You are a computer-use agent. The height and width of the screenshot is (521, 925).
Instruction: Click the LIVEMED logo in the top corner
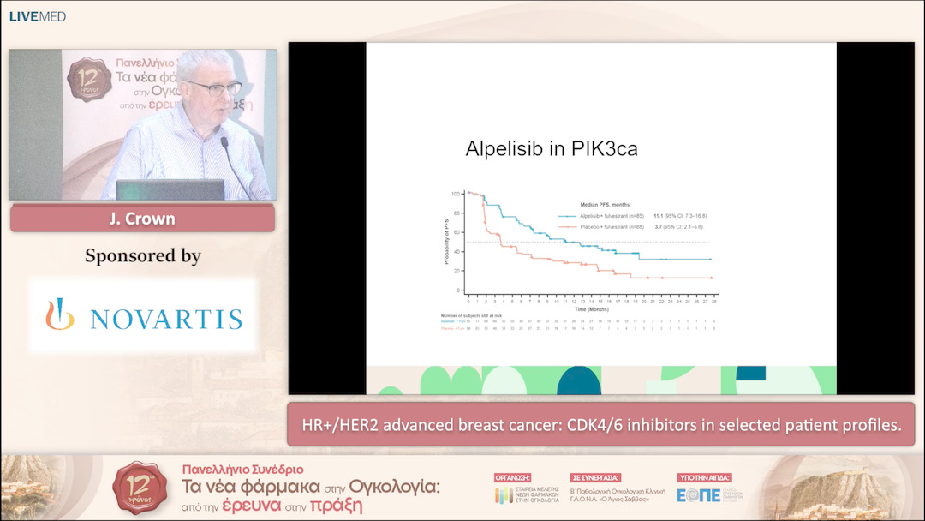pyautogui.click(x=37, y=16)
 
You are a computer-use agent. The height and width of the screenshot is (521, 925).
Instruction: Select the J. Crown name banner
pyautogui.click(x=142, y=219)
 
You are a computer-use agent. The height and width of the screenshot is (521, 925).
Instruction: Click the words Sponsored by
pyautogui.click(x=142, y=255)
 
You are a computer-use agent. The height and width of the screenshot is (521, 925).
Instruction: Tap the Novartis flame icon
pyautogui.click(x=60, y=314)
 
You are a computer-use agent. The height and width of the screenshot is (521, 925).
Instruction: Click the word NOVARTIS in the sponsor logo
pyautogui.click(x=165, y=320)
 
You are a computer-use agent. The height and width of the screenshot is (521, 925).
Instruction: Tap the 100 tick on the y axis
pyautogui.click(x=456, y=194)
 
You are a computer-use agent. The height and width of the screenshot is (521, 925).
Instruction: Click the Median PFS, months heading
pyautogui.click(x=607, y=205)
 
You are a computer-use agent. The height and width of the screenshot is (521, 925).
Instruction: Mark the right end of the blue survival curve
pyautogui.click(x=711, y=259)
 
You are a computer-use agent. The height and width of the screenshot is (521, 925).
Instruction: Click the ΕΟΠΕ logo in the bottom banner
pyautogui.click(x=699, y=494)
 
